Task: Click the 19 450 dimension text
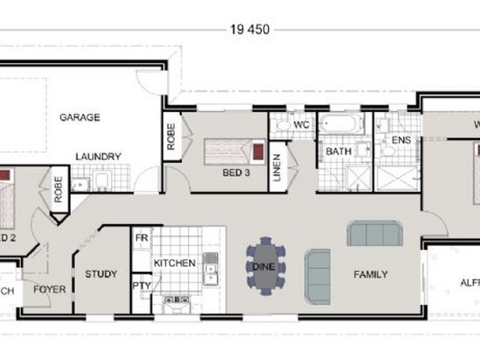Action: [250, 29]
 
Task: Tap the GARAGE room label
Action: [79, 118]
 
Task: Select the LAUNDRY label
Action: [98, 157]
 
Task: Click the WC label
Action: [302, 125]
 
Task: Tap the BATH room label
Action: [338, 152]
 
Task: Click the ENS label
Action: [400, 140]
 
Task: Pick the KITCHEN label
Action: [175, 263]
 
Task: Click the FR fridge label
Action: [142, 238]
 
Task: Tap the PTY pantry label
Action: [142, 286]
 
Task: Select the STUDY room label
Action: [101, 274]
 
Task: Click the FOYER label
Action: [49, 289]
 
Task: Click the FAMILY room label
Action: [370, 274]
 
